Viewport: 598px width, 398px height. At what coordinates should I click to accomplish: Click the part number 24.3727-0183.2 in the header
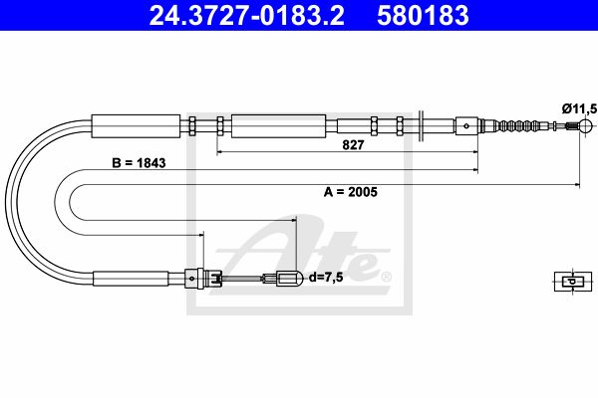coord(247,15)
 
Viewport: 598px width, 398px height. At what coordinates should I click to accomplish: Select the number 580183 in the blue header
coord(423,15)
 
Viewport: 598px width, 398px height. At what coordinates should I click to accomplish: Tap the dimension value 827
coord(353,144)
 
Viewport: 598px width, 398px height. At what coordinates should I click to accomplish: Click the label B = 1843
coord(139,163)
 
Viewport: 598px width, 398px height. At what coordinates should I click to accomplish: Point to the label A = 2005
coord(351,192)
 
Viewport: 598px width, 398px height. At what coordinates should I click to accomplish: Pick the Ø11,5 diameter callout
coord(579,109)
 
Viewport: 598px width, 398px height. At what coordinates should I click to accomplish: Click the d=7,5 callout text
coord(326,278)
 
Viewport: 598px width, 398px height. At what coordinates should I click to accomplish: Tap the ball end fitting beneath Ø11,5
coord(585,125)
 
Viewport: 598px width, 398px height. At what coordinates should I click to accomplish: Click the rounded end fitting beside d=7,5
coord(290,279)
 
